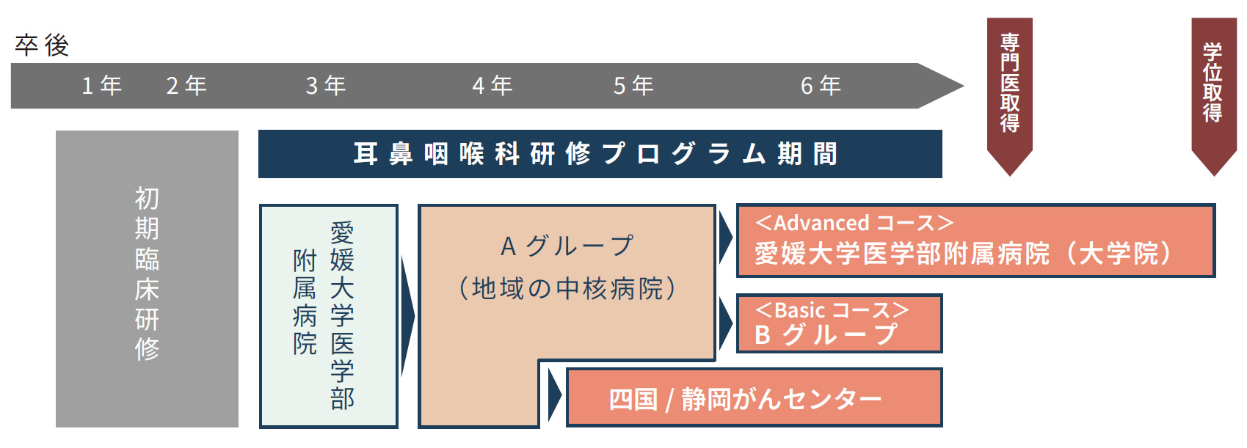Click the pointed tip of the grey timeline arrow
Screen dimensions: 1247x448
tap(964, 86)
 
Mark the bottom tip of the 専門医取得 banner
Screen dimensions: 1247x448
tap(1010, 176)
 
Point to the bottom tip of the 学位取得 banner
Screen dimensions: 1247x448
tap(1214, 176)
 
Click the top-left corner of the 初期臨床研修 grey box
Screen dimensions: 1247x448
tap(57, 131)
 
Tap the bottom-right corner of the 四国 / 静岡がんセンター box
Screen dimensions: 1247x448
tap(942, 426)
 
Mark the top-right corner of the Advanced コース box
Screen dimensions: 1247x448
tap(1215, 205)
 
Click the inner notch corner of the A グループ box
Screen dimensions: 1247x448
tap(539, 361)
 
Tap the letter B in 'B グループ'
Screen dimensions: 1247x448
tap(763, 335)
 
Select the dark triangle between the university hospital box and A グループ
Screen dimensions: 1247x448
tap(407, 316)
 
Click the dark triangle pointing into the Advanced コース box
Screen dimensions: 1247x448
tap(725, 238)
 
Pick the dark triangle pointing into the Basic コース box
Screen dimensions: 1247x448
tap(725, 323)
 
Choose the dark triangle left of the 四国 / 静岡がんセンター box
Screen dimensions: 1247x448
tap(554, 395)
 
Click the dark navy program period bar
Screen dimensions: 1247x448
tap(600, 154)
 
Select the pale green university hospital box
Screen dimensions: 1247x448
tap(329, 316)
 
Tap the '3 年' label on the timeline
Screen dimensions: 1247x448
tap(326, 86)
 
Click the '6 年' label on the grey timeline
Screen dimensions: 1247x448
tap(821, 86)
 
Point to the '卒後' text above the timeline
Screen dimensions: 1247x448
tap(43, 45)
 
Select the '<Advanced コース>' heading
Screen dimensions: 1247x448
tap(854, 223)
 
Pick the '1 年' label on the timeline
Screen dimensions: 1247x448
tap(102, 86)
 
